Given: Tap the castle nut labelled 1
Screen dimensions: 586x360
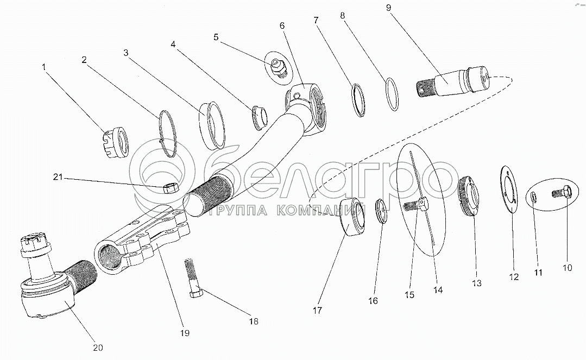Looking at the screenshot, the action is (x=115, y=144).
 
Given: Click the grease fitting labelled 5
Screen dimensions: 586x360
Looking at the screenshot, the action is (x=279, y=70).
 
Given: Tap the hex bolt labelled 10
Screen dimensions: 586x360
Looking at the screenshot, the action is (x=561, y=193).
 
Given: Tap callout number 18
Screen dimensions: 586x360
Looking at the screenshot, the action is (x=253, y=321).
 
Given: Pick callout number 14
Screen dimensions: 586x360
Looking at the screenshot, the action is (x=438, y=290).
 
